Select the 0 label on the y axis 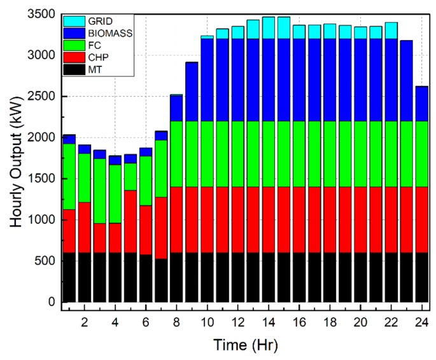(51, 302)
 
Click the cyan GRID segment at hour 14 (269, 28)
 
